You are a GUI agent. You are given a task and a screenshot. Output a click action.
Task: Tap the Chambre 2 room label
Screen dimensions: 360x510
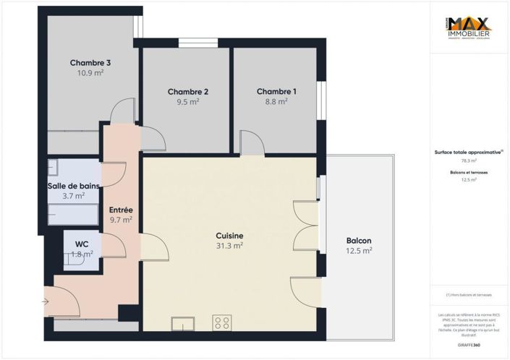188,92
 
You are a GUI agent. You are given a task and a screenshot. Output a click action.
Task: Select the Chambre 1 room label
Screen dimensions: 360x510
276,92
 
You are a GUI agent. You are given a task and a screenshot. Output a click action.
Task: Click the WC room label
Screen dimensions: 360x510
81,244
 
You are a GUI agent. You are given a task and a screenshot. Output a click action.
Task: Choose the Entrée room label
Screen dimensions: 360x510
121,210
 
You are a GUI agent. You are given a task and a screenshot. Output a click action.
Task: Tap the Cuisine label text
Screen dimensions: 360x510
229,236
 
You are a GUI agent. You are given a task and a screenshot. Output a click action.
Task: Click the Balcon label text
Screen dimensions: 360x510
359,241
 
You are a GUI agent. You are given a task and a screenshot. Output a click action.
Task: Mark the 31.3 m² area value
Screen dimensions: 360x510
229,246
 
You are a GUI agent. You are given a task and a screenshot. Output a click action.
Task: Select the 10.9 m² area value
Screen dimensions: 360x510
90,73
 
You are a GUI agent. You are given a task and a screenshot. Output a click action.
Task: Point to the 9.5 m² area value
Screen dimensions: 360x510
188,102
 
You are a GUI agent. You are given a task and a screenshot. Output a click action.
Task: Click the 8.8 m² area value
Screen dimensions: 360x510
276,102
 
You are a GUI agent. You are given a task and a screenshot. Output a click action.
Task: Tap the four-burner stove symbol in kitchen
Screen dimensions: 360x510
222,322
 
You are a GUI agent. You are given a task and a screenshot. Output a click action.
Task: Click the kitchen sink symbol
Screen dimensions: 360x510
182,322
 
